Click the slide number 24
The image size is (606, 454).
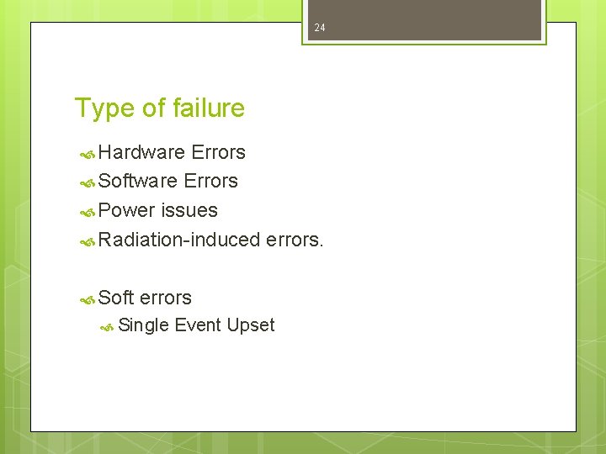pyautogui.click(x=319, y=28)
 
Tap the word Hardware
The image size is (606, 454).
pyautogui.click(x=141, y=152)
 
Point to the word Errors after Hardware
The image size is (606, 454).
pyautogui.click(x=218, y=152)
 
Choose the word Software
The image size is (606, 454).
pyautogui.click(x=138, y=181)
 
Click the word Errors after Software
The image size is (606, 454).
pyautogui.click(x=210, y=181)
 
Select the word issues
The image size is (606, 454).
pyautogui.click(x=189, y=210)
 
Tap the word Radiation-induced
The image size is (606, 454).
pyautogui.click(x=179, y=240)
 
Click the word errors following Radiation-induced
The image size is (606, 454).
pyautogui.click(x=294, y=240)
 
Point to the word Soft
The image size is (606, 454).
pyautogui.click(x=116, y=298)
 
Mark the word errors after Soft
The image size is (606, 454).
pyautogui.click(x=166, y=298)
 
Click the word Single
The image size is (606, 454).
pyautogui.click(x=144, y=325)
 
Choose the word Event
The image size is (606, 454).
pyautogui.click(x=198, y=325)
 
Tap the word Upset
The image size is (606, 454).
pyautogui.click(x=251, y=325)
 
